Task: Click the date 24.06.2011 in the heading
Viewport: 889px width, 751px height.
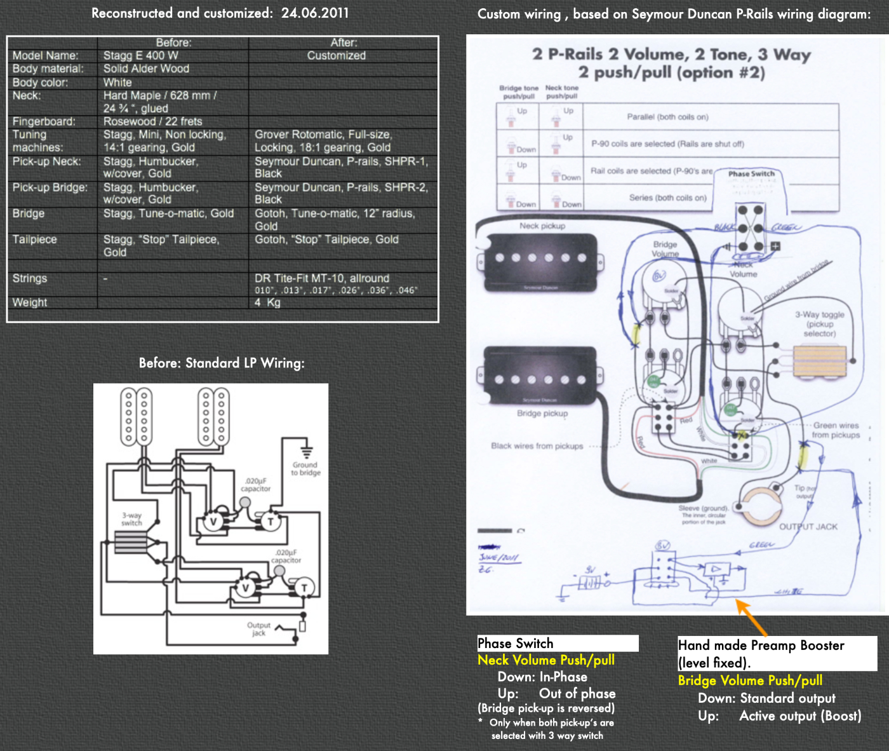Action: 314,13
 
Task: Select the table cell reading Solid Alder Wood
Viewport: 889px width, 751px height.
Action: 146,69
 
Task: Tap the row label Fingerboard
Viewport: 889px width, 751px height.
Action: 43,121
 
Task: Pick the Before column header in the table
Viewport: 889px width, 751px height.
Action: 173,43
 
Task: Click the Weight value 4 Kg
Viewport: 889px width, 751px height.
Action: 267,302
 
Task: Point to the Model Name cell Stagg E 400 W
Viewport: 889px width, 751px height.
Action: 140,55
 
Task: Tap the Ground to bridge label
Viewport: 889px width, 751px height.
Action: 305,468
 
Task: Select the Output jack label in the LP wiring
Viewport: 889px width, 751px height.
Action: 258,629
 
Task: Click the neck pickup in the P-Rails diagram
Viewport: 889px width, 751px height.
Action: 540,258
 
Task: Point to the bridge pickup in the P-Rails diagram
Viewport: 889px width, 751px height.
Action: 540,379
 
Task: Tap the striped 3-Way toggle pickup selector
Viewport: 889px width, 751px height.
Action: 820,362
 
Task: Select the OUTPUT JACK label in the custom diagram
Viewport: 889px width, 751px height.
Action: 808,527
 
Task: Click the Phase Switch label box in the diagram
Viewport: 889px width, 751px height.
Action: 751,173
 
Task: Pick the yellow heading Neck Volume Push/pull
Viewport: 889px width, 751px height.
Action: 546,660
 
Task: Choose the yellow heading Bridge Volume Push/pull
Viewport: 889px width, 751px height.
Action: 750,680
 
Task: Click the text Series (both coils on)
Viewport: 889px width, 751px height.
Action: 667,198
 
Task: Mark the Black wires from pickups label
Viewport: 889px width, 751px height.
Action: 537,446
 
